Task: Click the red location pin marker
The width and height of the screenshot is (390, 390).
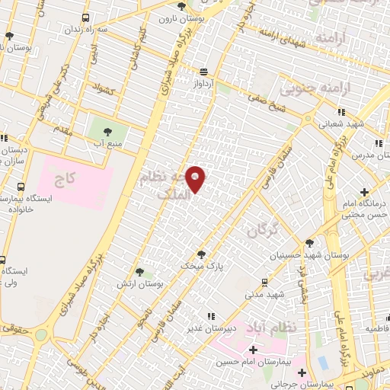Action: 197,179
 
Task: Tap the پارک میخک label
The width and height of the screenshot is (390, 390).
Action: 198,266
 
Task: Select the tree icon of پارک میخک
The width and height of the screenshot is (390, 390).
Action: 200,254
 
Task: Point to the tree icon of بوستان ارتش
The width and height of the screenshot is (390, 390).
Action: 139,271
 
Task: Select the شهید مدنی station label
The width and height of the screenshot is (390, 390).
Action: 264,293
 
